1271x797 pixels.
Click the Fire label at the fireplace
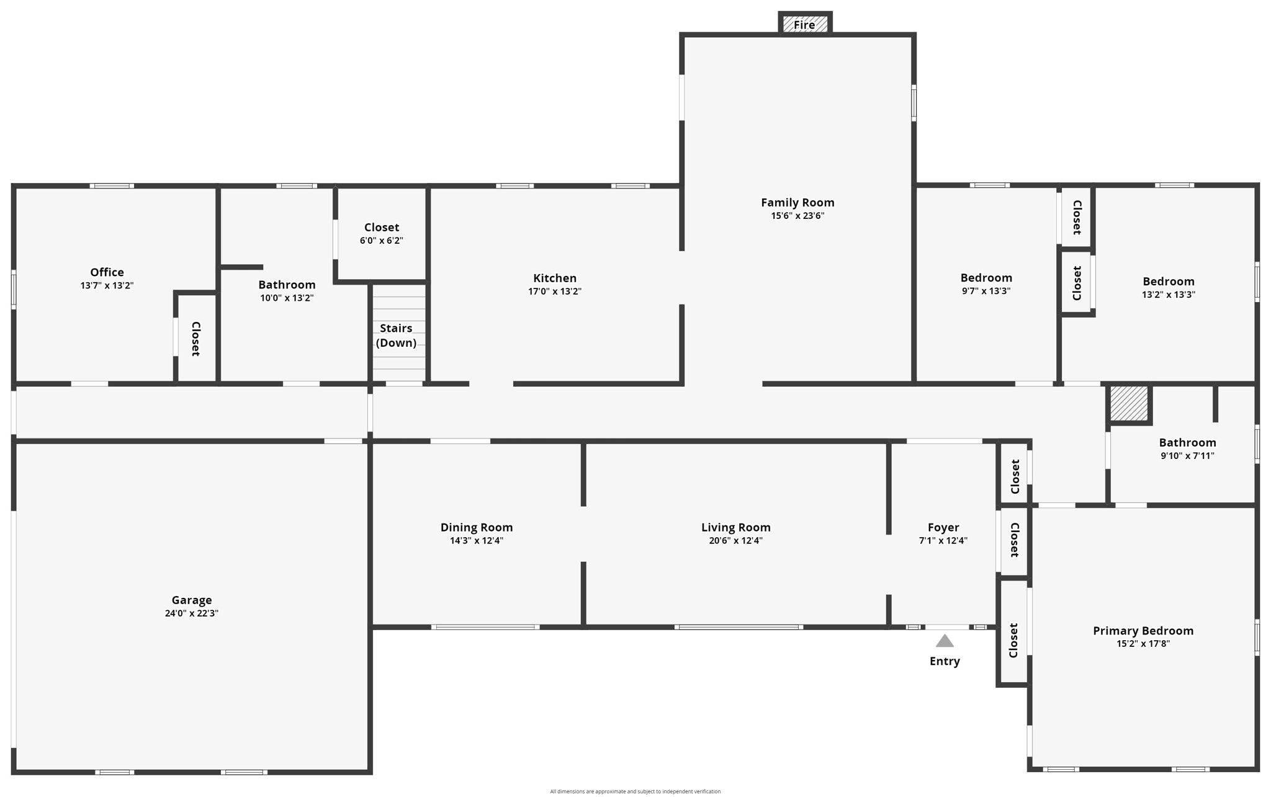coord(804,25)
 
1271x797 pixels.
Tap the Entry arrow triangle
coord(944,641)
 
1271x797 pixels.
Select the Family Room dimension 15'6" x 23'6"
coord(797,216)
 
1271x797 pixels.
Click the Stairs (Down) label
coord(396,336)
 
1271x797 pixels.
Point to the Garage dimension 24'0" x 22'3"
coord(191,613)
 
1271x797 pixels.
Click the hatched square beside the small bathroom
coord(1128,403)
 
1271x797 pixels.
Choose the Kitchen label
coord(554,278)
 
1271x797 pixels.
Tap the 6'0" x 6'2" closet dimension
coord(381,241)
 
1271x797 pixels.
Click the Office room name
coord(107,272)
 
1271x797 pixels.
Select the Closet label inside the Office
coord(195,339)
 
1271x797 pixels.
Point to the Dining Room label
coord(476,527)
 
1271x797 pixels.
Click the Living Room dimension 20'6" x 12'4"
coord(735,541)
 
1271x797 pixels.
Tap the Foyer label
coord(943,527)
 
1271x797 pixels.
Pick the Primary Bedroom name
coord(1143,630)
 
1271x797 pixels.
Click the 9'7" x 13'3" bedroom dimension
coord(986,291)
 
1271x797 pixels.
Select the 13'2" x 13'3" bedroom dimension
coord(1168,295)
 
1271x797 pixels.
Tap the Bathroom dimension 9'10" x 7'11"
coord(1187,456)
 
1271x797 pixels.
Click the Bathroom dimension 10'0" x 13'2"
coord(287,298)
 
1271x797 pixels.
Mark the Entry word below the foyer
coord(944,661)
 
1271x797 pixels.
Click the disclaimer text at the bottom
coord(635,791)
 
